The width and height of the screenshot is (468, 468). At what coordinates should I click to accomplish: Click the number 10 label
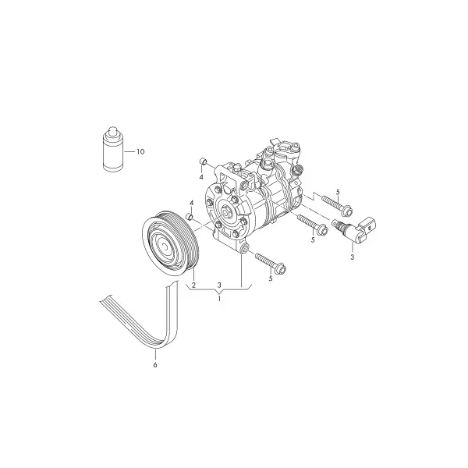140,151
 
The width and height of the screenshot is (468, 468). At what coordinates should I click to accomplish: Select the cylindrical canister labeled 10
113,149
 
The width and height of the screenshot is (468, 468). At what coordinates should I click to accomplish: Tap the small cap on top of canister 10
113,131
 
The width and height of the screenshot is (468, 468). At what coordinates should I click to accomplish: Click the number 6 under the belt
155,365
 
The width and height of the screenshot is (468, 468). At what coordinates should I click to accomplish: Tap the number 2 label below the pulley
193,285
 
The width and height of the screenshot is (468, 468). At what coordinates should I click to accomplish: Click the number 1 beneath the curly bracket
219,299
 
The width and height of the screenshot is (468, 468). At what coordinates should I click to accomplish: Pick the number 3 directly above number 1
219,285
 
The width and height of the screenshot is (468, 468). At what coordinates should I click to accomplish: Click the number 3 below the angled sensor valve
353,257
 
